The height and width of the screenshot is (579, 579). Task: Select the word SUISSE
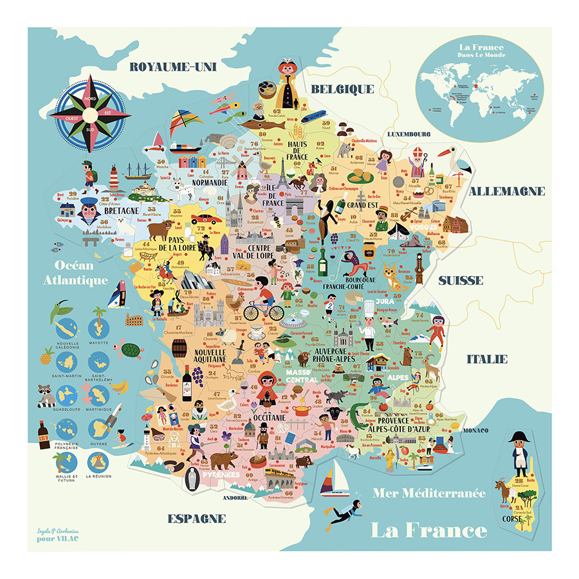click(x=461, y=280)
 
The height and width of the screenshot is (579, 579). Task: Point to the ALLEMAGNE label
click(x=507, y=191)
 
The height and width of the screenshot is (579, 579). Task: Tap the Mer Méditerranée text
click(x=429, y=493)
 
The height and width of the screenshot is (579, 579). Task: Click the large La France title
click(x=428, y=530)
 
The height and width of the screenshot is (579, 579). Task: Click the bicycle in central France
click(x=263, y=310)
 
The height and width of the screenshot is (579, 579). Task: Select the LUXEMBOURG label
click(x=408, y=134)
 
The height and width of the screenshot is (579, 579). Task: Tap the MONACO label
click(x=478, y=430)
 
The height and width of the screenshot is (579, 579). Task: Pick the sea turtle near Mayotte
click(x=131, y=351)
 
